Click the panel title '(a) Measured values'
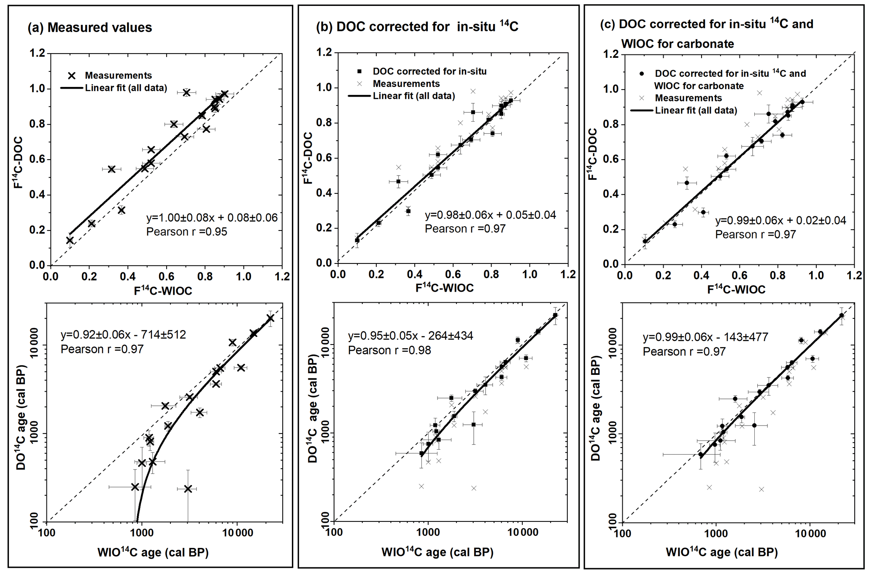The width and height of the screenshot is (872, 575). [x=89, y=28]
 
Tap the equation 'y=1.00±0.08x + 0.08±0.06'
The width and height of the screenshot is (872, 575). [x=212, y=218]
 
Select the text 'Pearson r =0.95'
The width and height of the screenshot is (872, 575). [x=186, y=232]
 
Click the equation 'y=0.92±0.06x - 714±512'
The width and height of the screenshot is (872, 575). [x=123, y=335]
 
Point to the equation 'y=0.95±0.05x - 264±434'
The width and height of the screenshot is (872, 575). [x=410, y=336]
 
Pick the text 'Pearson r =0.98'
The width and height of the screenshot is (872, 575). [x=389, y=350]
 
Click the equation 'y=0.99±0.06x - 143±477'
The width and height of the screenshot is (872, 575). [x=705, y=337]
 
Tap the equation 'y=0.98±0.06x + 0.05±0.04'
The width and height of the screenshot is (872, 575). [x=490, y=215]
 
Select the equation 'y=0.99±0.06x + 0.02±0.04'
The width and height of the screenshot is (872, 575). [x=780, y=220]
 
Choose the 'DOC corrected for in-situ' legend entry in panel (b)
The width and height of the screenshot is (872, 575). [x=429, y=72]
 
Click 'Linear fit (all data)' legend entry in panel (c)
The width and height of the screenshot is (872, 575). [x=696, y=111]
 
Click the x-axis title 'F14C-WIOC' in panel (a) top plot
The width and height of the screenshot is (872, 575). [x=163, y=290]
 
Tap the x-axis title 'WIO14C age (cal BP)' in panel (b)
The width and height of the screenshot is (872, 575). [x=437, y=552]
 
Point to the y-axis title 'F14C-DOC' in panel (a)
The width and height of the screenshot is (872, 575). [x=18, y=162]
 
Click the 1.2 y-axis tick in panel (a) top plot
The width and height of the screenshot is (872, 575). [x=37, y=53]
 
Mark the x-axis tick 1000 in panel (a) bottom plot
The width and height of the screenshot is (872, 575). [x=142, y=533]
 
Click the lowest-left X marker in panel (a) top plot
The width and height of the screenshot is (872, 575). [x=70, y=240]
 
